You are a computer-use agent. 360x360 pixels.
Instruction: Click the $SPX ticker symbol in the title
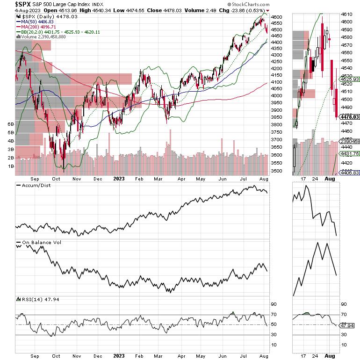click(x=11, y=5)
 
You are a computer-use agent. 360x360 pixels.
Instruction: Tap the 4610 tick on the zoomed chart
click(x=347, y=14)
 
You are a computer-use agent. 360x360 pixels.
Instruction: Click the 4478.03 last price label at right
click(x=349, y=117)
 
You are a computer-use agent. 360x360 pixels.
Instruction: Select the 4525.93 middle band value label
click(x=349, y=79)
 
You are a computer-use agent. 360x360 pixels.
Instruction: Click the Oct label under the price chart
click(x=57, y=179)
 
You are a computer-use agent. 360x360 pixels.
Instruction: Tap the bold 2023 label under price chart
click(x=119, y=179)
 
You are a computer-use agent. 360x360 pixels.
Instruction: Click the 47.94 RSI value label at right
click(x=349, y=325)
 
